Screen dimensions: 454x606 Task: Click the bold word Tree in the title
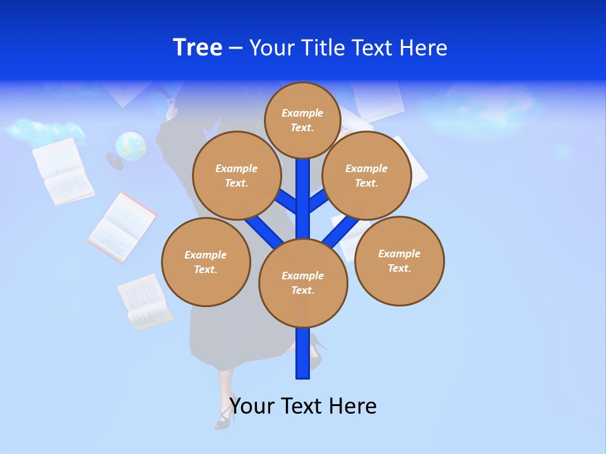click(x=198, y=47)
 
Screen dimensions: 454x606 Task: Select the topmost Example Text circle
click(x=302, y=120)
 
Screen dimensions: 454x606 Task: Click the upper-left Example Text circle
click(x=236, y=175)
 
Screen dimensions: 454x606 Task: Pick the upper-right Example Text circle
click(x=366, y=175)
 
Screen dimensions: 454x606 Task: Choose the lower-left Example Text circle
click(x=205, y=262)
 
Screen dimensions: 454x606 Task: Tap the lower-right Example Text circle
click(x=399, y=260)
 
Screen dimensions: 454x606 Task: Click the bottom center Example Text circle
click(x=302, y=282)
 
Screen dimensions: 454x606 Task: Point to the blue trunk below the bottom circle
click(x=303, y=353)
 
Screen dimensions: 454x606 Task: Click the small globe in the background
click(x=131, y=146)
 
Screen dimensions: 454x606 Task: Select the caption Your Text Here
click(x=303, y=405)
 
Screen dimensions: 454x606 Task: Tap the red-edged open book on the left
click(x=122, y=228)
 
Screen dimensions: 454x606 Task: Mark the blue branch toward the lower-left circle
click(x=264, y=230)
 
